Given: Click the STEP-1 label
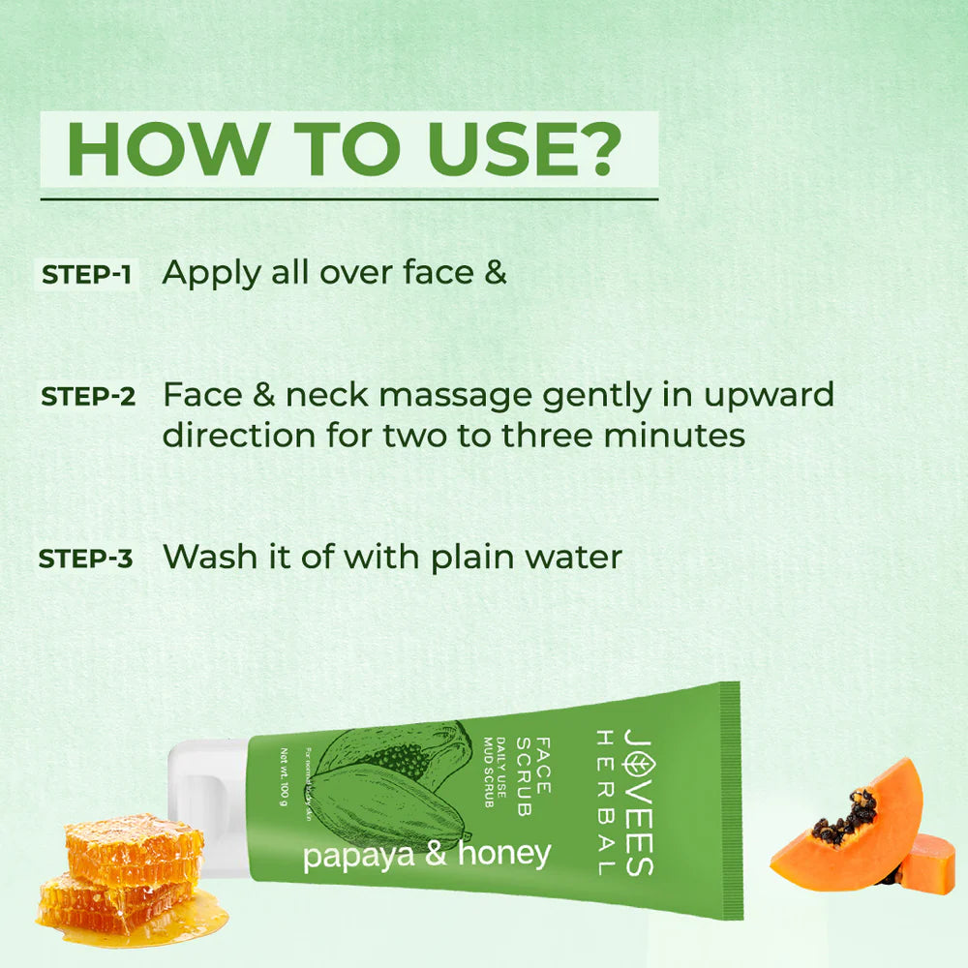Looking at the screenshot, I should pos(87,275).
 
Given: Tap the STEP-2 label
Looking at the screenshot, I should pos(87,397).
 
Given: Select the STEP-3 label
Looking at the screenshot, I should pos(85,560).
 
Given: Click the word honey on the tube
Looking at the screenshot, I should pos(504,853).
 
